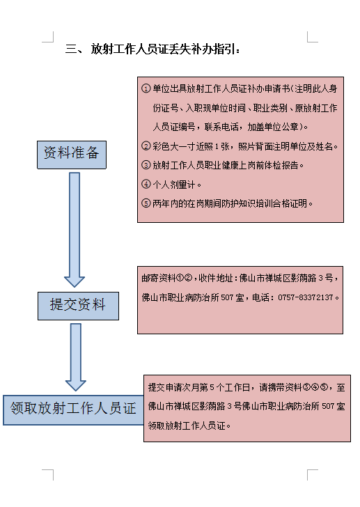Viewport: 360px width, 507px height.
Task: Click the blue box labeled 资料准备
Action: tap(72, 155)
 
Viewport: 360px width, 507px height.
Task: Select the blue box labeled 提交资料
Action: tap(78, 306)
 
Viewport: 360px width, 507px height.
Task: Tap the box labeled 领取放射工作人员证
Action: tap(73, 409)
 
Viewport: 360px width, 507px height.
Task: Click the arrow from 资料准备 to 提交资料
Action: tap(75, 230)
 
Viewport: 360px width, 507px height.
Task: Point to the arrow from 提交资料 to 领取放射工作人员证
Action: tap(76, 357)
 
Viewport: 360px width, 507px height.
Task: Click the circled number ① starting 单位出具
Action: tap(146, 88)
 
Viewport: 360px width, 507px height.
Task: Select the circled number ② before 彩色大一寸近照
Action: tap(146, 146)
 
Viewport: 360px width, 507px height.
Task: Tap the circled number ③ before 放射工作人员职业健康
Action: tap(146, 165)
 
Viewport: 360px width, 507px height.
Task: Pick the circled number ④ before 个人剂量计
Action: tap(146, 185)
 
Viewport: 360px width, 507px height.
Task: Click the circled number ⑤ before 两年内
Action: tap(146, 203)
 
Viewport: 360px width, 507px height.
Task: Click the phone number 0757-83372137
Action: tap(305, 297)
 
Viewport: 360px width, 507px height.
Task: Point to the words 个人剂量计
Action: tap(174, 185)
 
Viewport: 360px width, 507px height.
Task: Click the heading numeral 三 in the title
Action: tap(71, 49)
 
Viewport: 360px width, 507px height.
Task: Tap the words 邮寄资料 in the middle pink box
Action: tap(158, 278)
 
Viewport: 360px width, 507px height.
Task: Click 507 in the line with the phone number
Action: tap(227, 297)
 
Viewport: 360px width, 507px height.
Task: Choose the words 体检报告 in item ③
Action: tap(281, 165)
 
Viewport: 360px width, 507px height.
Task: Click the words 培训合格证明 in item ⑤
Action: tap(281, 203)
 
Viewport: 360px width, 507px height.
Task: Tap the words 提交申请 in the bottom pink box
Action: tap(165, 387)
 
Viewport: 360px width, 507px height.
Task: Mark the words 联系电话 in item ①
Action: tap(221, 127)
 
